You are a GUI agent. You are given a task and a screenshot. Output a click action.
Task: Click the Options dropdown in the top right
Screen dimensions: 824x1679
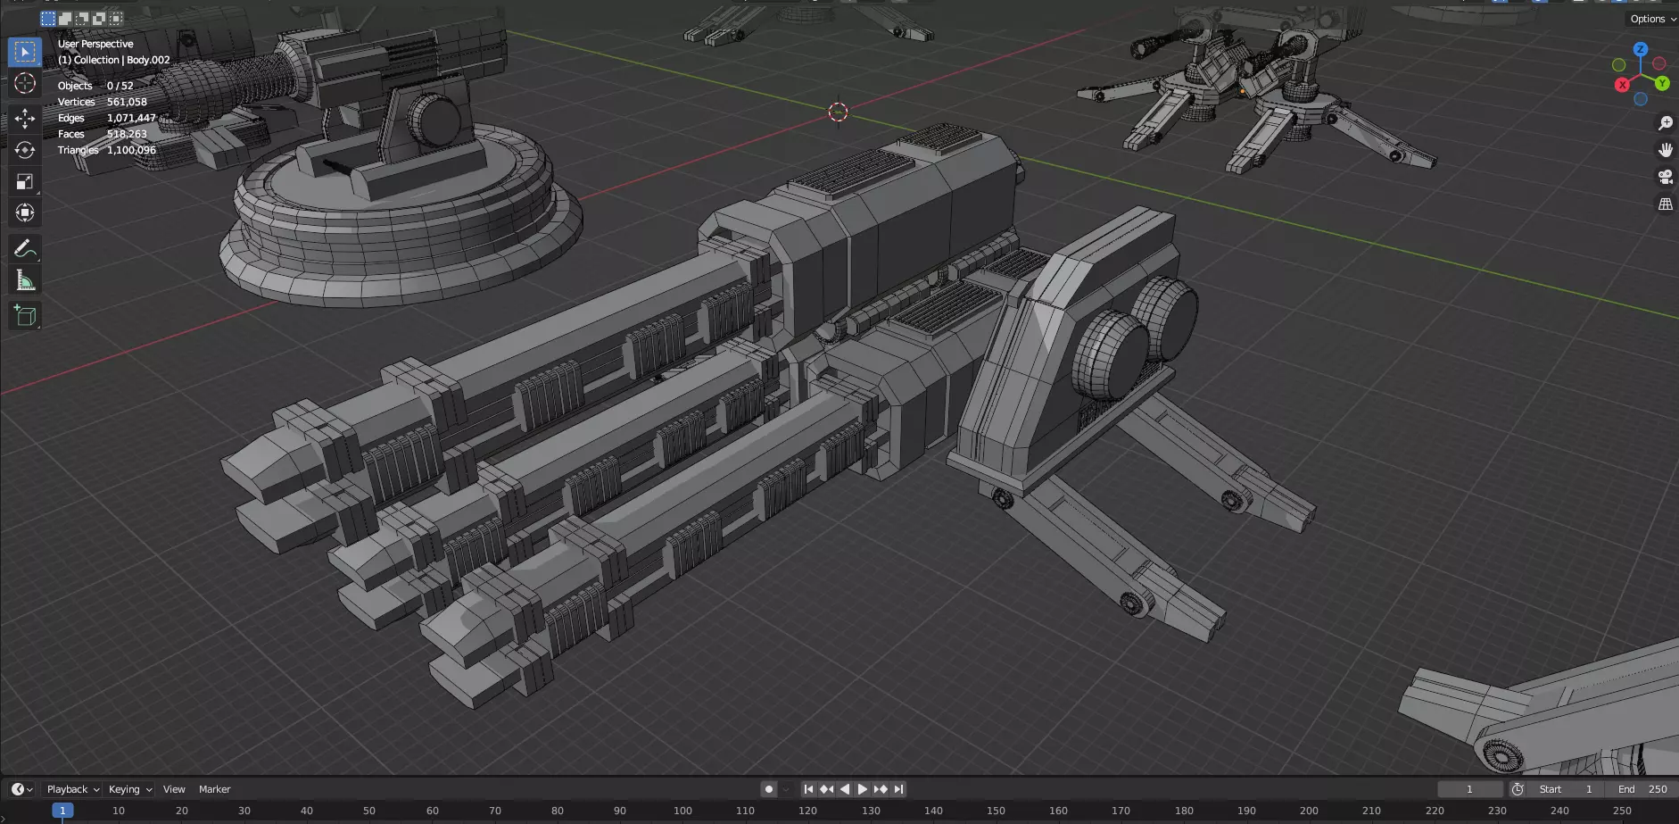point(1651,19)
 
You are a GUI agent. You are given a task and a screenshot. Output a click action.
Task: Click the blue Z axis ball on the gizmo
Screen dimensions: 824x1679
point(1640,49)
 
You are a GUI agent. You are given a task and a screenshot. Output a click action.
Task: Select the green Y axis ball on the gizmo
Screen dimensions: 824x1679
point(1662,83)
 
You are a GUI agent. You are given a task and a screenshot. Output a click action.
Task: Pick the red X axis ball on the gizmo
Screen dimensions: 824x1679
point(1622,84)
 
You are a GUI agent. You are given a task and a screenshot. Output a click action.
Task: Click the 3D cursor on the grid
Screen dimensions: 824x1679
point(838,112)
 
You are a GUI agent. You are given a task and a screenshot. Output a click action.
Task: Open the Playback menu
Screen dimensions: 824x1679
point(72,789)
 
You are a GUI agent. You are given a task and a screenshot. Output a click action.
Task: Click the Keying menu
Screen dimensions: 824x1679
point(129,789)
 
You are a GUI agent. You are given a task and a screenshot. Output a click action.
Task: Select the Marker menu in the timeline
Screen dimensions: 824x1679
point(214,789)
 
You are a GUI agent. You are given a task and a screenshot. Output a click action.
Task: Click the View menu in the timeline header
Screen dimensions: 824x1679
point(174,789)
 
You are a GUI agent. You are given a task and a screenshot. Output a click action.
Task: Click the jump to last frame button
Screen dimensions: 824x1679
point(899,789)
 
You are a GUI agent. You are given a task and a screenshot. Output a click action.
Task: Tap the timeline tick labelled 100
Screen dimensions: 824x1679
point(682,811)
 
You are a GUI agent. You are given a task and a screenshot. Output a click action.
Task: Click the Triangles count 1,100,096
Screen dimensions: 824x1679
point(131,150)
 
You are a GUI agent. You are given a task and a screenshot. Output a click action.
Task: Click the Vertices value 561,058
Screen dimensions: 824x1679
point(127,102)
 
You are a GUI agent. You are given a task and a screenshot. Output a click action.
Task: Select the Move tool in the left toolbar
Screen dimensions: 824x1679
point(25,119)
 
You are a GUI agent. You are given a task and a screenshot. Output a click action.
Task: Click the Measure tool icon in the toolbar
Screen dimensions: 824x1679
point(25,281)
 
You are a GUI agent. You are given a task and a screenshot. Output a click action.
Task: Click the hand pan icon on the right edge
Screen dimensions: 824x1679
point(1665,150)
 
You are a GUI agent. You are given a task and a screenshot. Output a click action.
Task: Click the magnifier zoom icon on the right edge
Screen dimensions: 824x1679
point(1665,123)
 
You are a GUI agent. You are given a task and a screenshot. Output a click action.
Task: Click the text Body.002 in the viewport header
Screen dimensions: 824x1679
point(148,60)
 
